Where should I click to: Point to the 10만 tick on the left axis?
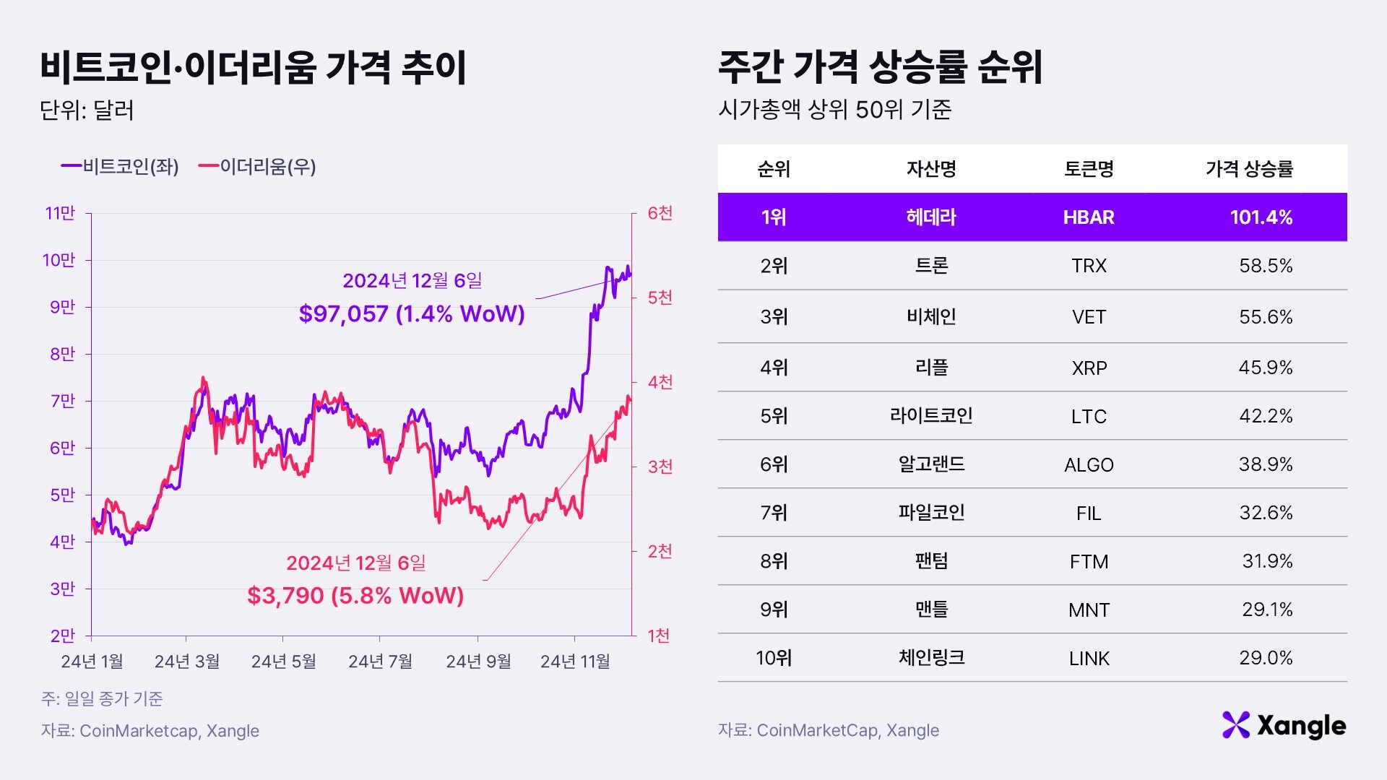pyautogui.click(x=59, y=260)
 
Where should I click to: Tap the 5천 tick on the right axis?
pyautogui.click(x=660, y=298)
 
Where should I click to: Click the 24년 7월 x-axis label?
pyautogui.click(x=380, y=662)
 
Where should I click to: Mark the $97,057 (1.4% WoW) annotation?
pyautogui.click(x=412, y=314)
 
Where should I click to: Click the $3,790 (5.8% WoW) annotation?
pyautogui.click(x=355, y=596)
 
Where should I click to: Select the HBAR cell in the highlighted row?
pyautogui.click(x=1088, y=217)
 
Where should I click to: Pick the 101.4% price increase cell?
pyautogui.click(x=1261, y=217)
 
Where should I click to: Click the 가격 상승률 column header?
pyautogui.click(x=1249, y=169)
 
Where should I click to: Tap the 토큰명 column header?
pyautogui.click(x=1088, y=169)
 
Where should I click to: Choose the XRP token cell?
pyautogui.click(x=1089, y=368)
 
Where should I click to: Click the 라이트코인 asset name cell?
pyautogui.click(x=931, y=416)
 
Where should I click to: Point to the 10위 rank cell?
pyautogui.click(x=774, y=658)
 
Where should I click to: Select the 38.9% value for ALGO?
pyautogui.click(x=1265, y=464)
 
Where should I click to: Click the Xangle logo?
pyautogui.click(x=1284, y=725)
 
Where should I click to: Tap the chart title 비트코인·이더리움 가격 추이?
pyautogui.click(x=253, y=68)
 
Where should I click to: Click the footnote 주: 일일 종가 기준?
pyautogui.click(x=102, y=698)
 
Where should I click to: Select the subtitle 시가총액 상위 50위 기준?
pyautogui.click(x=834, y=110)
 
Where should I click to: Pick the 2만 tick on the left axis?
pyautogui.click(x=63, y=636)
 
